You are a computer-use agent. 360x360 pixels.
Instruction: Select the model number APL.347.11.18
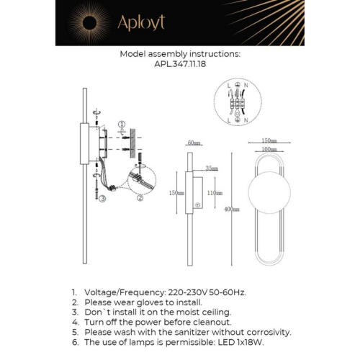(x=179, y=63)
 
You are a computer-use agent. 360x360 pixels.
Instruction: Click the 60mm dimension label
(x=192, y=143)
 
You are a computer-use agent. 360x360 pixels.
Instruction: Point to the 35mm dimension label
(x=212, y=168)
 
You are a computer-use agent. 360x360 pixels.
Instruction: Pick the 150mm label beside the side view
(x=173, y=193)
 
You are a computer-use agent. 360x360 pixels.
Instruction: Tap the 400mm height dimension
(x=232, y=209)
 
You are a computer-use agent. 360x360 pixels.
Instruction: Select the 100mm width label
(x=269, y=149)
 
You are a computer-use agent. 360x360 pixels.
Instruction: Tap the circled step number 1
(x=122, y=125)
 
